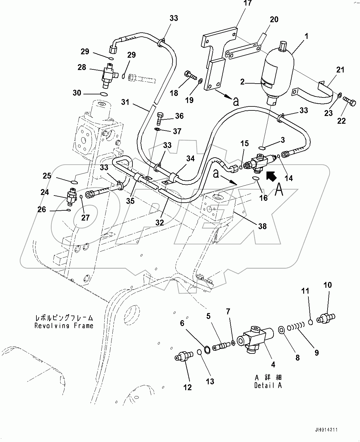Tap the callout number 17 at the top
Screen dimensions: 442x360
[247, 4]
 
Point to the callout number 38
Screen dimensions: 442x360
[262, 226]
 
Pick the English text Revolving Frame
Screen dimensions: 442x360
[64, 325]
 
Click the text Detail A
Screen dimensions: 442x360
[268, 385]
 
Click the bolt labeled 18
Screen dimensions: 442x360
[190, 75]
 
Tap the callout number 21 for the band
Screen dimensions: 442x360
[340, 70]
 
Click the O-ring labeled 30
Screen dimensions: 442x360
[104, 94]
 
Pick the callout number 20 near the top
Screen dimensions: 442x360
[274, 19]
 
